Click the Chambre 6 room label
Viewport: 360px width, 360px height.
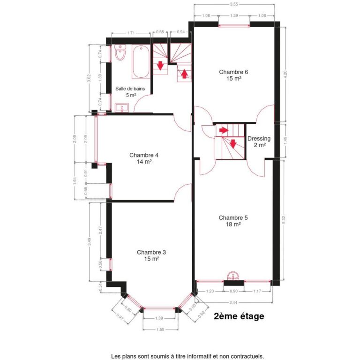[x=233, y=72]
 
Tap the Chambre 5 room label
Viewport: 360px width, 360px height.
[x=233, y=217]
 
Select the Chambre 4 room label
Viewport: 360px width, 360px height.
[x=144, y=155]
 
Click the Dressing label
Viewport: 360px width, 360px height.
[x=259, y=139]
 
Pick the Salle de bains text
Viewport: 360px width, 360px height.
[x=130, y=89]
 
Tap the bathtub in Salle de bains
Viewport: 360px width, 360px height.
[x=140, y=62]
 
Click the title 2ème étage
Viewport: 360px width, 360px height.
[x=239, y=316]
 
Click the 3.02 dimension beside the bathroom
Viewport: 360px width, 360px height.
[x=89, y=78]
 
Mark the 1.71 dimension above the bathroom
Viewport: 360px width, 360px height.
[x=132, y=33]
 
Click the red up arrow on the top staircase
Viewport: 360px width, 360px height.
[x=184, y=74]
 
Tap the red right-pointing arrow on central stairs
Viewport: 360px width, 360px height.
[x=225, y=130]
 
